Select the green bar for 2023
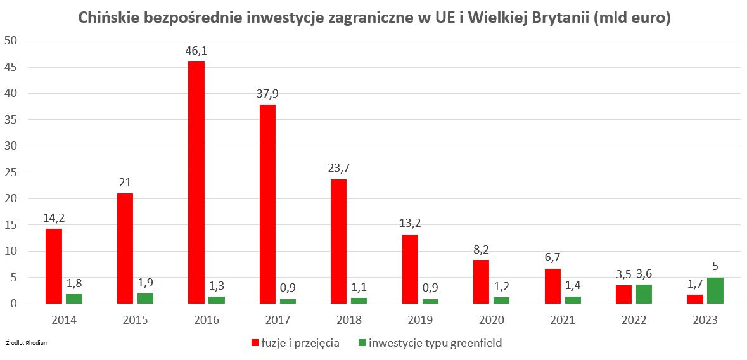[715, 291]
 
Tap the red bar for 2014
[54, 266]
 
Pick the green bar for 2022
[644, 294]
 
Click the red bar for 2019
[410, 269]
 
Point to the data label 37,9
[267, 94]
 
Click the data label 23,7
[339, 169]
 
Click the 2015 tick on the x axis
[136, 320]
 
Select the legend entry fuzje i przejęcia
[295, 343]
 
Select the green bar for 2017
[288, 302]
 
